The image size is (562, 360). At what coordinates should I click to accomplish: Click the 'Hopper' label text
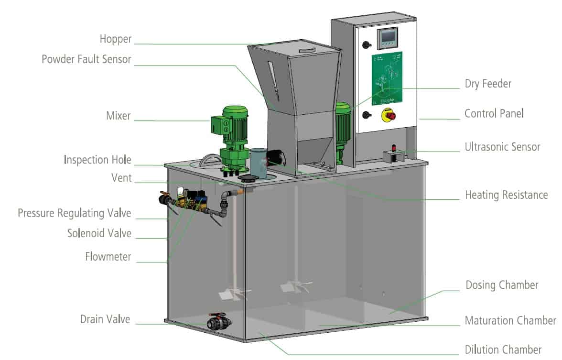click(115, 39)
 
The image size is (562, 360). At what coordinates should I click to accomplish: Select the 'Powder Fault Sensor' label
click(86, 59)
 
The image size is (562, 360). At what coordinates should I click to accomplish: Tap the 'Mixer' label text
click(118, 116)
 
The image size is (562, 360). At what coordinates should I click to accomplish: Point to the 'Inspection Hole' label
click(97, 160)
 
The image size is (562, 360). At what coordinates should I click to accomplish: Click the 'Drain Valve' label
click(105, 319)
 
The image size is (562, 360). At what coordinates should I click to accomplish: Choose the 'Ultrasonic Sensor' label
click(502, 147)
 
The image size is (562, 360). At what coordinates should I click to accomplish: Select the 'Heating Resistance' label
click(506, 195)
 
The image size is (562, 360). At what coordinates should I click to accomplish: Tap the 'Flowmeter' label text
click(108, 257)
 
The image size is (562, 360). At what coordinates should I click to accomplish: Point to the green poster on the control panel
click(387, 77)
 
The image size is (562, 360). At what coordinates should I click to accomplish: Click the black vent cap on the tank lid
click(248, 178)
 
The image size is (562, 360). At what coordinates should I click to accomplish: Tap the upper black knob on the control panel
click(367, 44)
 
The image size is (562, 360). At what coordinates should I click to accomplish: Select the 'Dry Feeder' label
click(488, 84)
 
